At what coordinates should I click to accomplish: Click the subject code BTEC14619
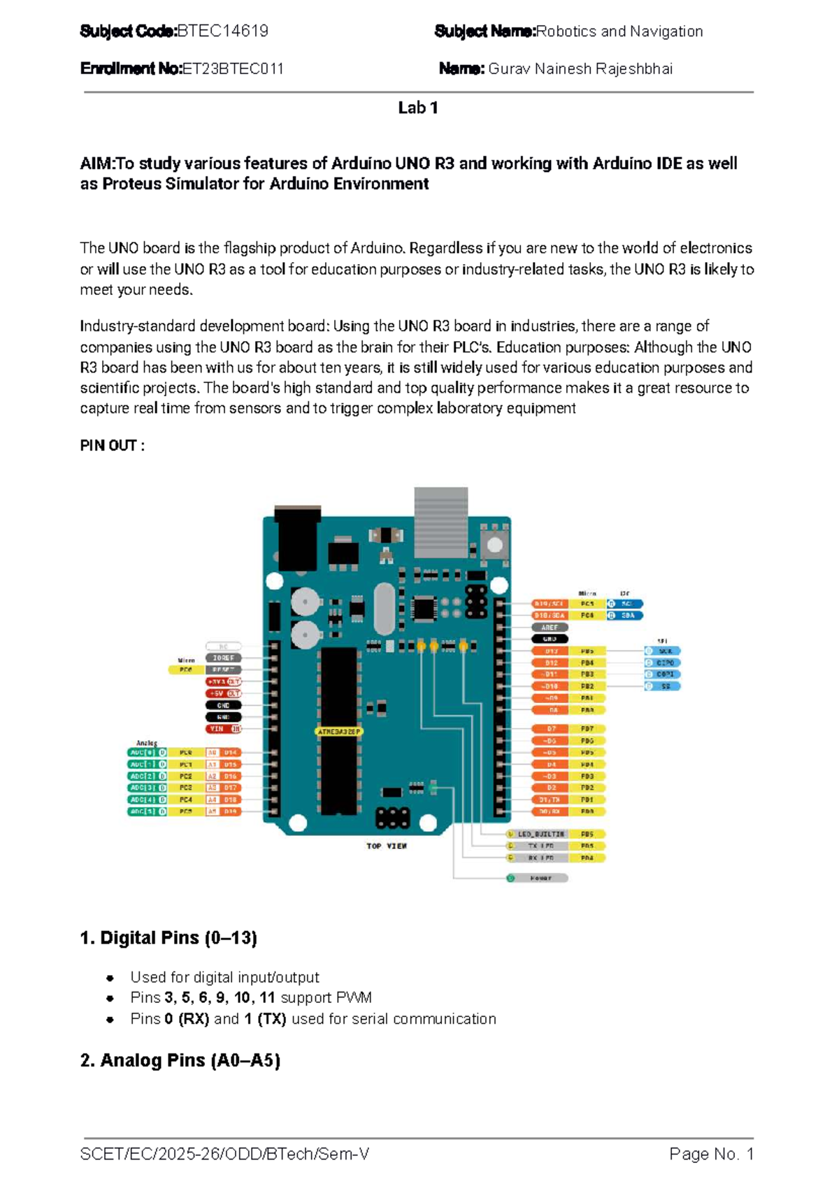click(x=222, y=31)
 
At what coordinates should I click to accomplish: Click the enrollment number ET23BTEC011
click(x=233, y=68)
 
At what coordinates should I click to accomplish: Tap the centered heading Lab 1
click(x=418, y=108)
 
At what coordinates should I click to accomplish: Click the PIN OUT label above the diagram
click(x=113, y=446)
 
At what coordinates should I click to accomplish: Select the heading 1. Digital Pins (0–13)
click(x=168, y=938)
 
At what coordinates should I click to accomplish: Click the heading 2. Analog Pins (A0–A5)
click(x=180, y=1061)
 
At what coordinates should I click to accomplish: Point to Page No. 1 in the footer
click(x=711, y=1154)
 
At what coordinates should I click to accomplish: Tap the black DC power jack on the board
click(x=298, y=538)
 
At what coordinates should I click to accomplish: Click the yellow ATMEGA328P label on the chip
click(x=339, y=732)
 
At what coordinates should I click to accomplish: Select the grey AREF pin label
click(x=550, y=628)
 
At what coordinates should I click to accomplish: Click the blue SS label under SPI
click(x=666, y=686)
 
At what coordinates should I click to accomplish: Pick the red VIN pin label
click(x=223, y=729)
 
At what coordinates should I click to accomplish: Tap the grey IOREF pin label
click(x=223, y=658)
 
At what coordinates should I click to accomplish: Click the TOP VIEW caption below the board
click(x=387, y=846)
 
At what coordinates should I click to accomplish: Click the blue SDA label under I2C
click(x=628, y=616)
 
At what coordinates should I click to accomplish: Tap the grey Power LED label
click(x=540, y=878)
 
